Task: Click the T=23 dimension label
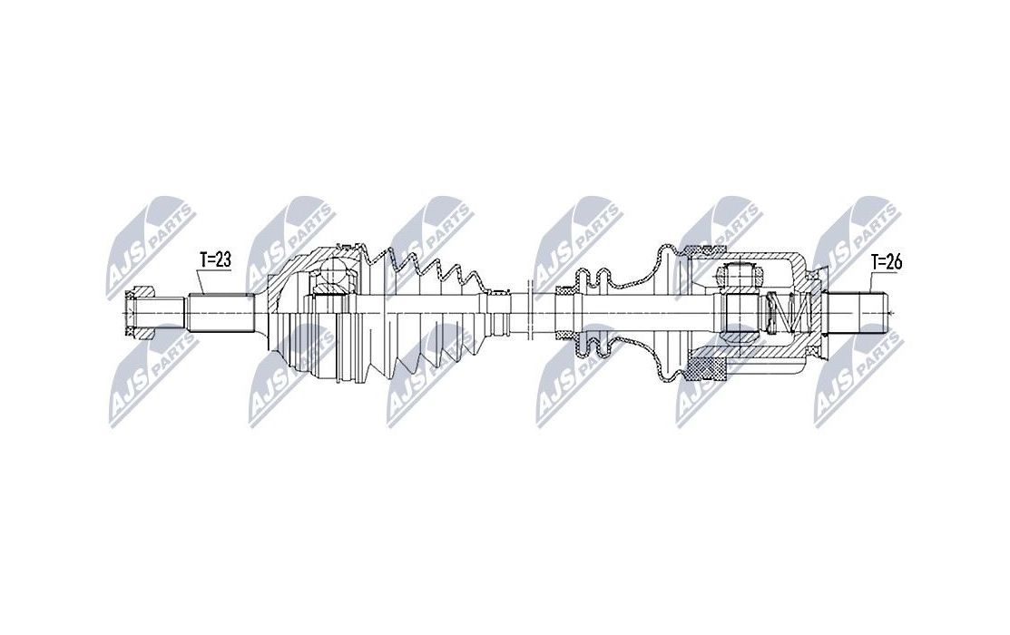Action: (215, 260)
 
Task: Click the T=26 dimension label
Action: (887, 262)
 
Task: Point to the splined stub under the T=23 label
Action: (220, 313)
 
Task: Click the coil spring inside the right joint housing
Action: (786, 314)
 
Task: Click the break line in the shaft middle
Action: (526, 312)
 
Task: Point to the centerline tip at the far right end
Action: (893, 314)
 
